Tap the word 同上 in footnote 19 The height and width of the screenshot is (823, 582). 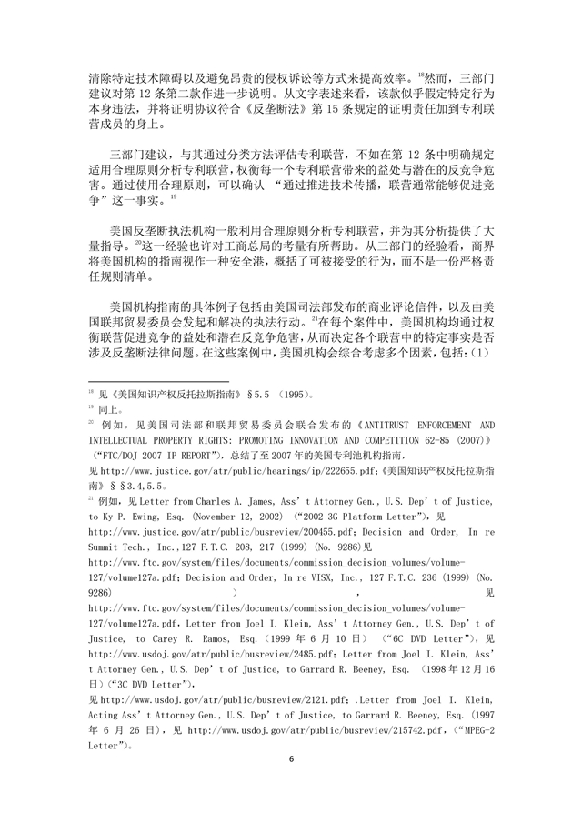click(x=111, y=409)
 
